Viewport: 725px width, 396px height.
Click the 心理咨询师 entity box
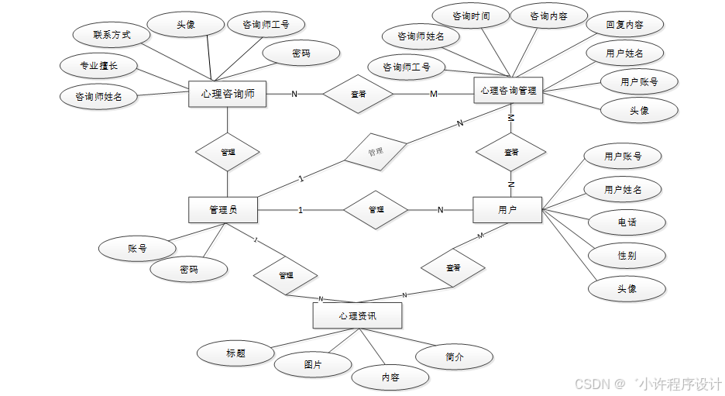228,95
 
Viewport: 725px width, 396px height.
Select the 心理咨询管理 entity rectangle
508,90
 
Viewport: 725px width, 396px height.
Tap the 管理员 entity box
223,210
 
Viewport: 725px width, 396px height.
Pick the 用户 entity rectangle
507,210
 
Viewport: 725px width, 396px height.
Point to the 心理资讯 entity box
357,315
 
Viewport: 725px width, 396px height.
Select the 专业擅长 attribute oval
98,66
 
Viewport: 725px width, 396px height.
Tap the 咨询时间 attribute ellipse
470,15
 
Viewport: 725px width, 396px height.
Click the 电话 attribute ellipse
627,222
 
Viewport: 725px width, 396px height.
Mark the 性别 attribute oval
627,255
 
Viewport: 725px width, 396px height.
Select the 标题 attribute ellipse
235,353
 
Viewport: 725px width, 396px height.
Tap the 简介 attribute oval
455,356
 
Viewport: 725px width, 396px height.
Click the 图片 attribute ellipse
313,363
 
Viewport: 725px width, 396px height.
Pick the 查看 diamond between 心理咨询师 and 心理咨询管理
358,95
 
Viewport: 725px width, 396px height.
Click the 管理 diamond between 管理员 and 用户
376,210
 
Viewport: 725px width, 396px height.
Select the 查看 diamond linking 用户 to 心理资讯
453,267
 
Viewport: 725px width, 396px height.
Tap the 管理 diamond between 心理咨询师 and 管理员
228,153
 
